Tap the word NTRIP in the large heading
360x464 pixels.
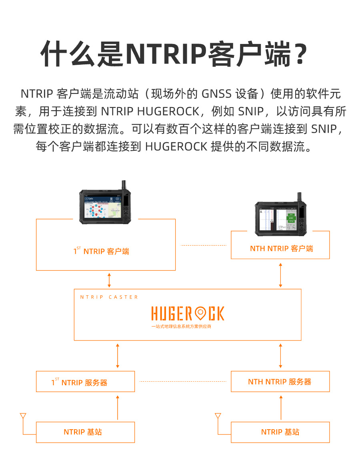click(165, 54)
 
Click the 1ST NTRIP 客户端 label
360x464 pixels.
click(102, 251)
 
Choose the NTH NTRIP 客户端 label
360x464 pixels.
click(281, 249)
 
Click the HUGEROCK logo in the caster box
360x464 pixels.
click(188, 314)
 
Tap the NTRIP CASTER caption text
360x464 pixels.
click(109, 297)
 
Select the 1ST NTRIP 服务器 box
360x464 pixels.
click(85, 382)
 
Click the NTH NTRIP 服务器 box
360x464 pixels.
click(280, 382)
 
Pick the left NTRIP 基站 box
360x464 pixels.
click(85, 432)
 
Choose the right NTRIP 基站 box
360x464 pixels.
click(280, 432)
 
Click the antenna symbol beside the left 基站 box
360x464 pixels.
click(23, 417)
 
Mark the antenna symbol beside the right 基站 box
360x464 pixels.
click(218, 417)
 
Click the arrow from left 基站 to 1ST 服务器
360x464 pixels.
click(118, 407)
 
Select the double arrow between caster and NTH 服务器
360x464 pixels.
click(280, 355)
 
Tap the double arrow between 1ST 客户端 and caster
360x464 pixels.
click(109, 279)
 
